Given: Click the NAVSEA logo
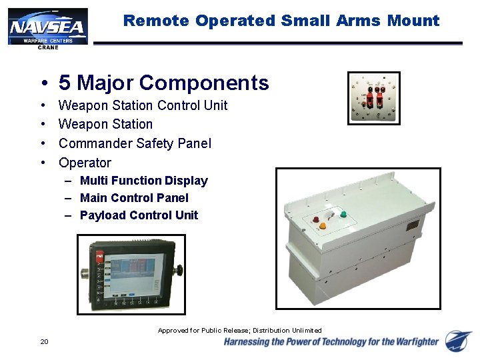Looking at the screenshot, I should pos(47,27).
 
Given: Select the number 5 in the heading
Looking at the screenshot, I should pos(65,83).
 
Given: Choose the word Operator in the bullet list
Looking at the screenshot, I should pos(85,163).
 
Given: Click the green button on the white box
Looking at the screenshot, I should pos(343,215).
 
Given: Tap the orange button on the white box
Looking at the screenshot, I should pos(323,226).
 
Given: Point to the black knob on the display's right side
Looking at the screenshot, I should pos(179,271).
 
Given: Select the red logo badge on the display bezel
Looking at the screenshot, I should pos(99,255).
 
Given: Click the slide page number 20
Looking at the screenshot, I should pos(44,342).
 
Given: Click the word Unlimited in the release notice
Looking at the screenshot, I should pos(306,331).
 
